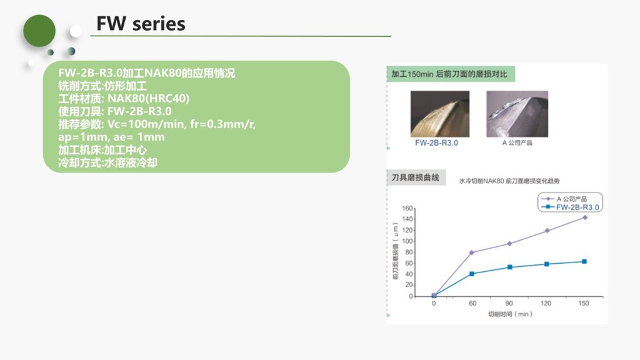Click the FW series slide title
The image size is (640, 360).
(x=141, y=24)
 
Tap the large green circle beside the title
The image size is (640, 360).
(x=39, y=31)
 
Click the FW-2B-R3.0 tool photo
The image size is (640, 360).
(x=440, y=114)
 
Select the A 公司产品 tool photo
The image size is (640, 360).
(x=517, y=114)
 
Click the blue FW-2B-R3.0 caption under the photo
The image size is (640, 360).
(x=436, y=143)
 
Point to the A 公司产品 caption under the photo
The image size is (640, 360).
(x=517, y=142)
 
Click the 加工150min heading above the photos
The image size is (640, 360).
(x=449, y=74)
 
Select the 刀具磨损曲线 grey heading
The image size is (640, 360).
(x=416, y=177)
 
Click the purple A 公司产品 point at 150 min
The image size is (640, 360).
(x=585, y=217)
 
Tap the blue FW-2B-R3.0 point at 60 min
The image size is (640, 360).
(x=472, y=274)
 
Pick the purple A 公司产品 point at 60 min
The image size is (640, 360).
(x=472, y=252)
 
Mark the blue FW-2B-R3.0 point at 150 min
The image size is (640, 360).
(x=584, y=262)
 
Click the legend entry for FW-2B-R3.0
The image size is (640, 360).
(x=571, y=207)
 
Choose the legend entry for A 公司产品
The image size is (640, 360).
(x=564, y=199)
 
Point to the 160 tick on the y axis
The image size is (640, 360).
(x=407, y=208)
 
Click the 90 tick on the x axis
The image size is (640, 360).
(x=509, y=303)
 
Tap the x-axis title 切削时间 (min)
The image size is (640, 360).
(x=510, y=314)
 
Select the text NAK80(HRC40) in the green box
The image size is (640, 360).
(x=148, y=98)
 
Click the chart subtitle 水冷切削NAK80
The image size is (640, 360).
(x=482, y=181)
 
